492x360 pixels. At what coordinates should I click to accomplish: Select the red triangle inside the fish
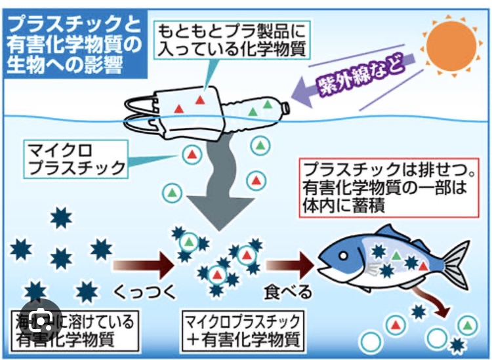(x=423, y=266)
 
